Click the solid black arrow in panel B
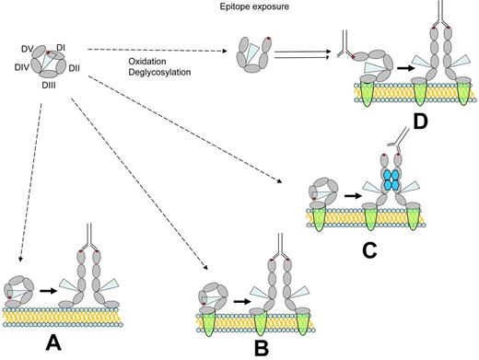(242, 299)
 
